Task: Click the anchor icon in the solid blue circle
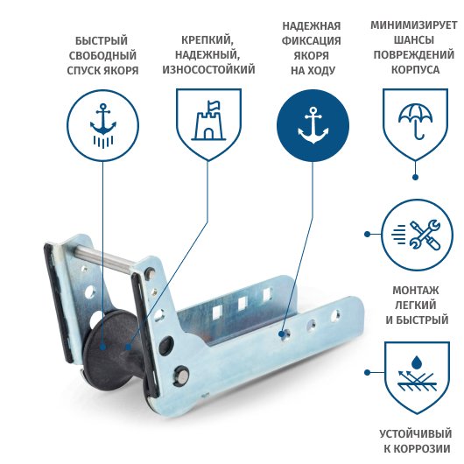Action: tap(313, 125)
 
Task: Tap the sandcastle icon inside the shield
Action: tap(208, 121)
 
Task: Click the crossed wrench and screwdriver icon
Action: tap(425, 235)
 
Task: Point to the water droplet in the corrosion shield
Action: tap(417, 362)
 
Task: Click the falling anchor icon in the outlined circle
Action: tap(103, 125)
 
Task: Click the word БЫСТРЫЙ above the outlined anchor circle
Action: tap(102, 40)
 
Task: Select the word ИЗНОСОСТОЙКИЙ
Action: tap(208, 69)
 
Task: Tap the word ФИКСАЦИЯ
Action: tap(312, 40)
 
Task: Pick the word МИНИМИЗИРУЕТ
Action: tap(414, 25)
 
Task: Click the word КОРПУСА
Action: tap(416, 70)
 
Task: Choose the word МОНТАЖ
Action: tap(416, 291)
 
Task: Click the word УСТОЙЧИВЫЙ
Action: tap(416, 434)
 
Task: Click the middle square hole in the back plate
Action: tap(243, 303)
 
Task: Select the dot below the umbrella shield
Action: tap(415, 177)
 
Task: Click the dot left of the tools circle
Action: tap(367, 234)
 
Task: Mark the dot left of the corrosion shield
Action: tap(367, 372)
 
